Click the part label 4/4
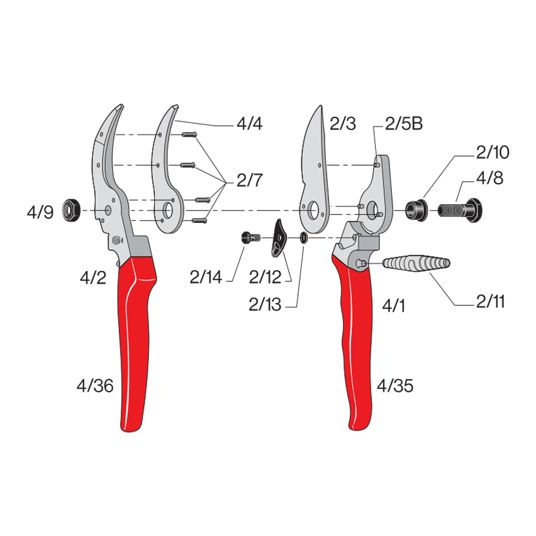click(250, 123)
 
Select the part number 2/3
click(343, 123)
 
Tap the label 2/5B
click(404, 123)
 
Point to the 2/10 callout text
click(493, 152)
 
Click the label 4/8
click(490, 178)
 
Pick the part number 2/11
click(490, 301)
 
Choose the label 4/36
click(95, 386)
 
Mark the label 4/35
click(395, 386)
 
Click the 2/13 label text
click(265, 304)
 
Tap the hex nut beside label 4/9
click(71, 210)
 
